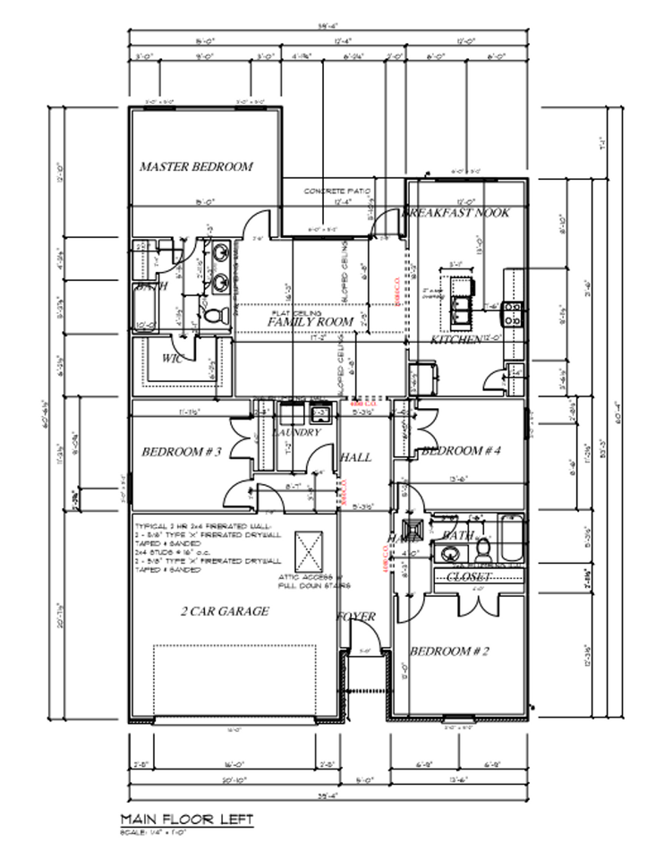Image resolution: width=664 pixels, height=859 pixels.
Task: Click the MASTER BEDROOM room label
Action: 196,166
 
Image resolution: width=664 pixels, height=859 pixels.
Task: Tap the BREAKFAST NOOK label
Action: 456,213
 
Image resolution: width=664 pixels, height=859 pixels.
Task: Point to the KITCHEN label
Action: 455,340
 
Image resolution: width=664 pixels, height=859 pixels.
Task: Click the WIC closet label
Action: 173,358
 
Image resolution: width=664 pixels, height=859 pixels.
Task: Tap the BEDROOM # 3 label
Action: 182,452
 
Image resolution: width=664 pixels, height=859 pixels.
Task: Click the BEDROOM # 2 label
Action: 449,651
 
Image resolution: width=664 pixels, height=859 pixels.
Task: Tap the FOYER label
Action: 355,617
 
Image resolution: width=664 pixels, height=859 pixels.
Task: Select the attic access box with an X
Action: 310,549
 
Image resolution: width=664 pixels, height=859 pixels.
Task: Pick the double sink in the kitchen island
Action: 462,310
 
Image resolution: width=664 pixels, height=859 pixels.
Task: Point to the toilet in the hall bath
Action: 482,546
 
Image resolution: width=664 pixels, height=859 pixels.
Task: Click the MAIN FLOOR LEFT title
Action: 186,819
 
